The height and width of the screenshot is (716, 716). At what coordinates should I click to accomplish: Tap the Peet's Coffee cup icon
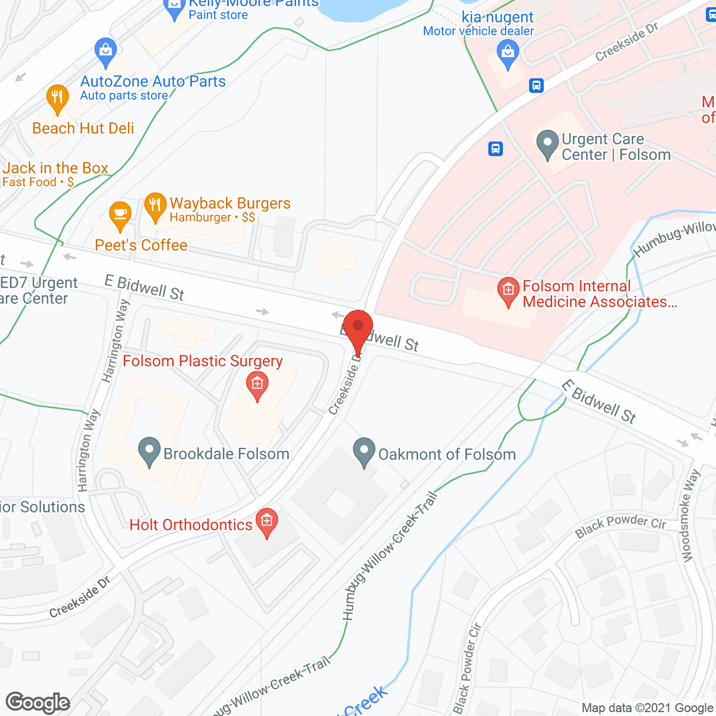point(120,215)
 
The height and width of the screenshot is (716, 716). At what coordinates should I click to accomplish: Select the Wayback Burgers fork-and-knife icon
point(156,207)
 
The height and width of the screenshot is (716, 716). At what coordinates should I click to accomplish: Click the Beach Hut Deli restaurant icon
point(57,98)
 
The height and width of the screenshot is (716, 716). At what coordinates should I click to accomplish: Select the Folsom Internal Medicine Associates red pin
point(508,291)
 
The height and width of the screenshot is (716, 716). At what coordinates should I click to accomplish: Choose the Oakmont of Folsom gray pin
point(364,451)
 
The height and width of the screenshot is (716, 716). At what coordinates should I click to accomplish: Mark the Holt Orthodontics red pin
point(267,522)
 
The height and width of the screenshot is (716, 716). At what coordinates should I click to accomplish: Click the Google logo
point(38,703)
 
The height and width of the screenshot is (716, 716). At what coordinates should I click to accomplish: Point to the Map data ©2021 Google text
point(647,708)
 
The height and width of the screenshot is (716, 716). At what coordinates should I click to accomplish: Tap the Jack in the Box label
point(55,168)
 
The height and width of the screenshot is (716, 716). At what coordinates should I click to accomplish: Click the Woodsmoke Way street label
point(690,515)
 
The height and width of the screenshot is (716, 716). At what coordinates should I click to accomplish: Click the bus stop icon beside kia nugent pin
point(536,86)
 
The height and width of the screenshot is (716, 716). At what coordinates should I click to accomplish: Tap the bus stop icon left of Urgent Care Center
point(496,149)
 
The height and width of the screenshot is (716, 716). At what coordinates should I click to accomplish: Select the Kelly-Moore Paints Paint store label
point(253,8)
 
